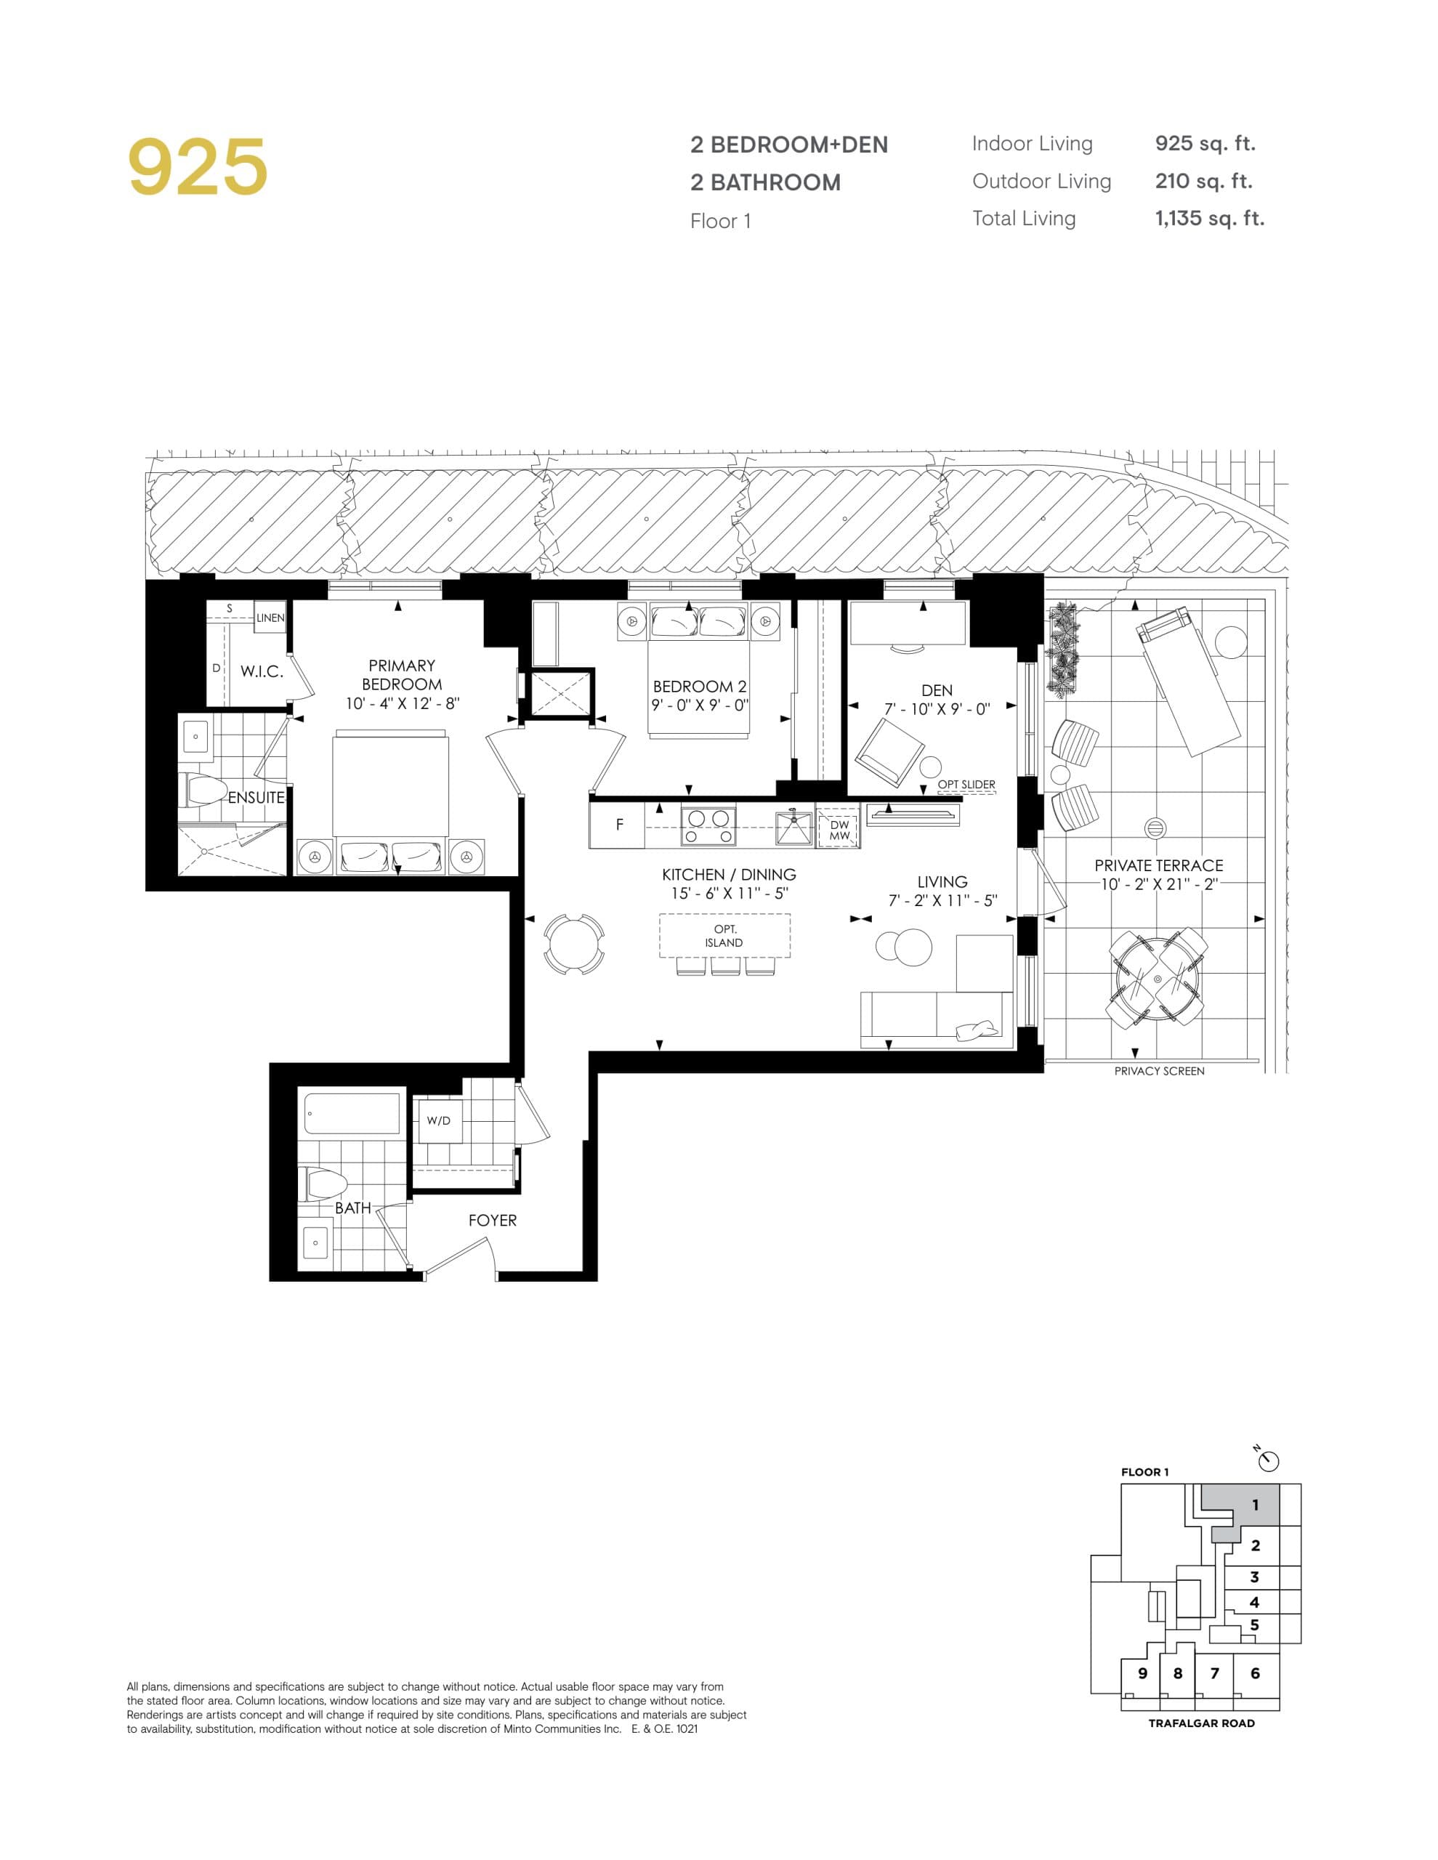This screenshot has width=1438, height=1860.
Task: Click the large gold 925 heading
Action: [198, 167]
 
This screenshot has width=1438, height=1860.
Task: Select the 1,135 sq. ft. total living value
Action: [1209, 219]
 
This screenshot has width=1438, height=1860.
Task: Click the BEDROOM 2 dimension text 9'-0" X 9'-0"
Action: [700, 705]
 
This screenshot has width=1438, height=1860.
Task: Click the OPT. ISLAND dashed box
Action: [724, 935]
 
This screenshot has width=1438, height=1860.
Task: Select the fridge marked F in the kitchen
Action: [618, 825]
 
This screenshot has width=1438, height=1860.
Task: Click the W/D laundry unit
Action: [439, 1121]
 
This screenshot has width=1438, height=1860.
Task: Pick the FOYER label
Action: [493, 1221]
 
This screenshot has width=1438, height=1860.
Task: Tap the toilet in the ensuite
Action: [202, 790]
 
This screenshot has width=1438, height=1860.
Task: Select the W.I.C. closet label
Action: [262, 671]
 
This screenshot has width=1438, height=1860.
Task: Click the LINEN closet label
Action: [270, 618]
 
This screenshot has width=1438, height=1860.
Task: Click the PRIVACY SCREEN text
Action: [1158, 1072]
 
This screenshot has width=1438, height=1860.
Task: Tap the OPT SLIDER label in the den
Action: [966, 785]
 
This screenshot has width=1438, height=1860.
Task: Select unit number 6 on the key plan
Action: [1255, 1673]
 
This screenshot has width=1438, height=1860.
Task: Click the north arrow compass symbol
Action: [1269, 1461]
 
